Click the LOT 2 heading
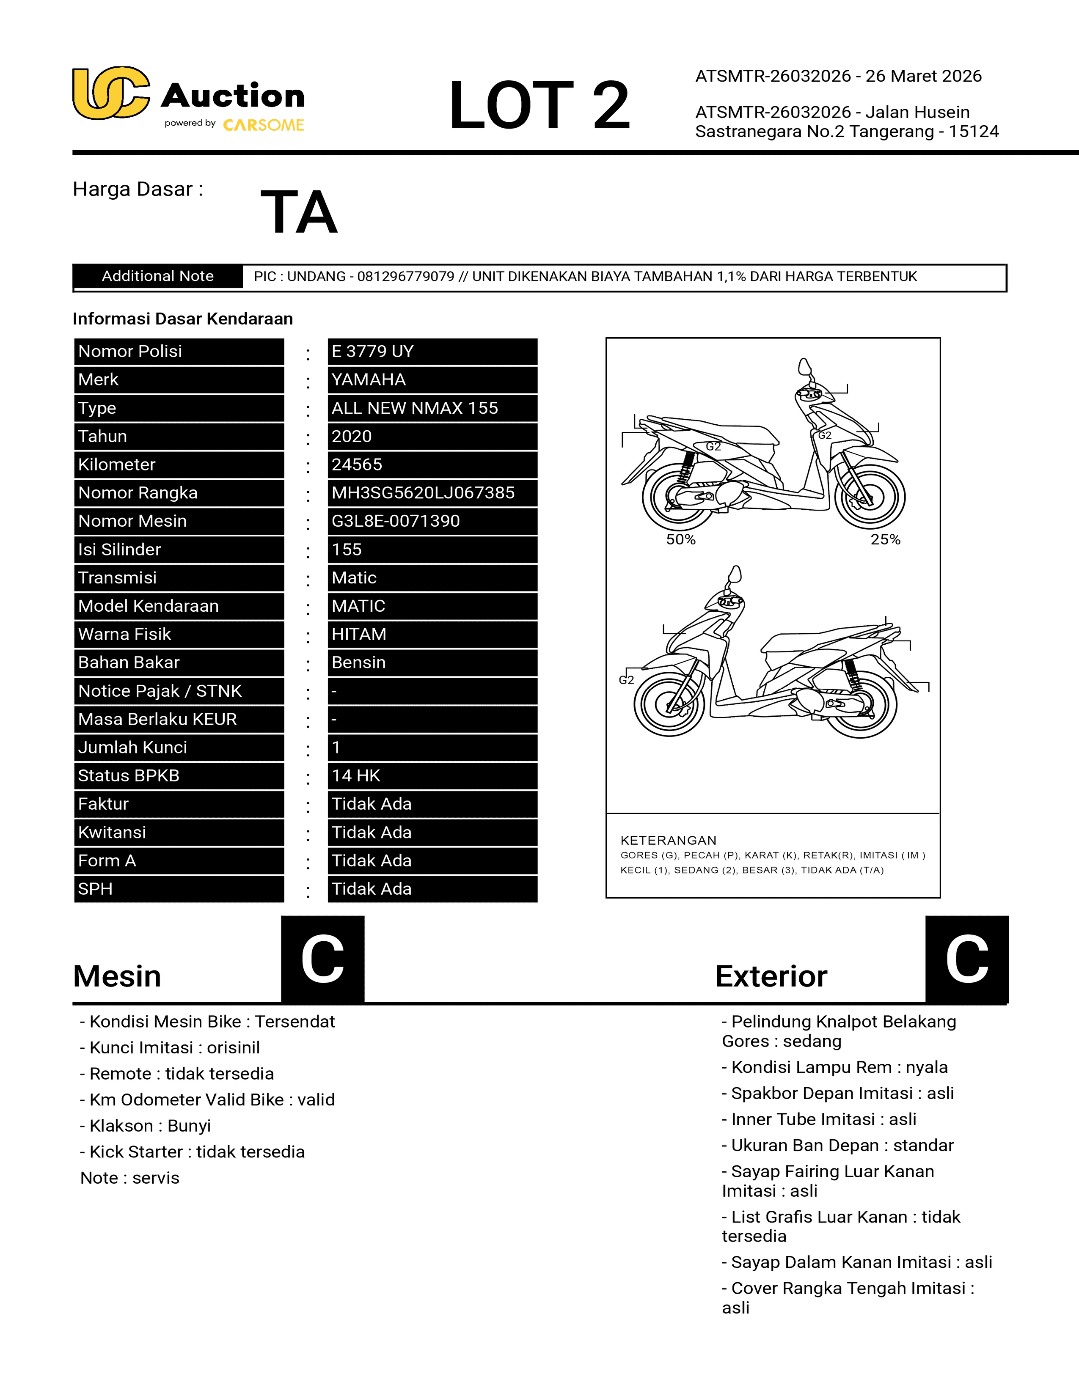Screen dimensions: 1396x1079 539,105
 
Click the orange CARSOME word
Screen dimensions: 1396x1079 263,125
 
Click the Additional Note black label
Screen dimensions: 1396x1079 158,276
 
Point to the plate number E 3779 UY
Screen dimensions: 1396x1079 373,352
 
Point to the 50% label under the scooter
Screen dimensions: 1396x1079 681,539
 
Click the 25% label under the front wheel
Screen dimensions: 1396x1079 885,539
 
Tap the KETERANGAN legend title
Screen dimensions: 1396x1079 668,841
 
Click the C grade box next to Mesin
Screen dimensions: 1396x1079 323,959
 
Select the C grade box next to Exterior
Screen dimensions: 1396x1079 966,959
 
